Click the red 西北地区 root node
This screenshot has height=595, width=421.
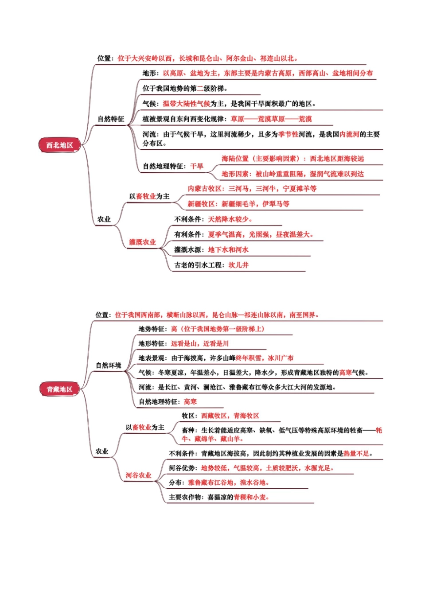(60, 145)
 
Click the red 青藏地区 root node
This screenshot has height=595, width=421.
(60, 389)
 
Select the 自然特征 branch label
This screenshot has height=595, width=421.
(111, 119)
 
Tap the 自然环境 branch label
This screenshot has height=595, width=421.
(109, 365)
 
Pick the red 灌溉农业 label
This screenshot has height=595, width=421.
(142, 242)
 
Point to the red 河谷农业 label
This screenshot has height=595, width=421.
(138, 475)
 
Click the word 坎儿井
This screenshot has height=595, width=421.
(238, 265)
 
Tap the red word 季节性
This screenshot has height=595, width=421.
(288, 134)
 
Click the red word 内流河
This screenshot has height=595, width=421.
(349, 134)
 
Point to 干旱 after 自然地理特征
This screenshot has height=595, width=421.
(197, 166)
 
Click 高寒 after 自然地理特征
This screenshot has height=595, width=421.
(190, 401)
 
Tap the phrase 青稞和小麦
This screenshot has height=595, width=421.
(250, 497)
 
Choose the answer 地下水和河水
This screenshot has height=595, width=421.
(228, 250)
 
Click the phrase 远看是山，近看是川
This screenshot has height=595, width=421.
(200, 343)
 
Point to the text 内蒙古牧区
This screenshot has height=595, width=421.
(204, 189)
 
